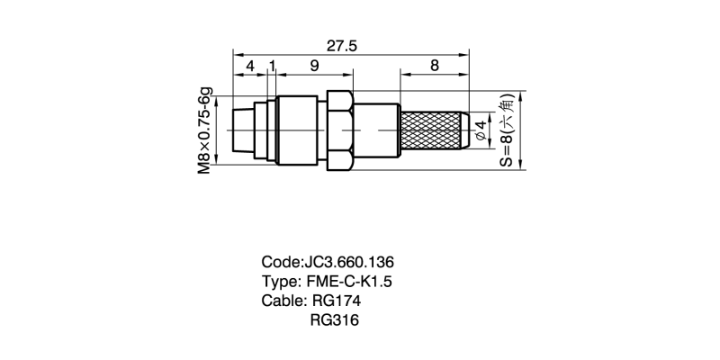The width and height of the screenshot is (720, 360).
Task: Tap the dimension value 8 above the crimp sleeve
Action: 435,66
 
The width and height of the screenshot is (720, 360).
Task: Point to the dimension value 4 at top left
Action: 249,66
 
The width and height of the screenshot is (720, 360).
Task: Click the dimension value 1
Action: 272,66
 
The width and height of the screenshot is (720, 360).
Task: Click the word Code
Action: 280,262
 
